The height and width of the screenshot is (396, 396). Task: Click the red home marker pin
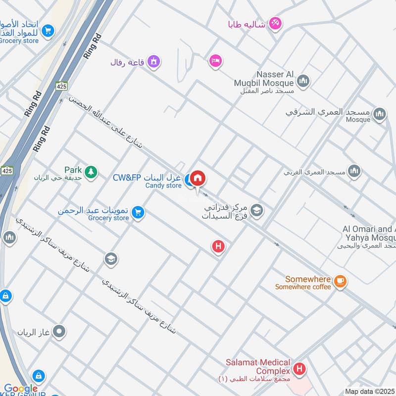tap(198, 179)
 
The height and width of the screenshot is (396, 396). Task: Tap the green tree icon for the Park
tap(91, 172)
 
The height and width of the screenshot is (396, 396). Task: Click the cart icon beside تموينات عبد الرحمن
tap(139, 212)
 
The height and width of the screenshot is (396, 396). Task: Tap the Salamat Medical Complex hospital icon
tap(299, 369)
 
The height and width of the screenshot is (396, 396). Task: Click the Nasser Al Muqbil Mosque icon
tap(303, 80)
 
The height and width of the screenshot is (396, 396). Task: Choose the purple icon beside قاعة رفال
tap(154, 62)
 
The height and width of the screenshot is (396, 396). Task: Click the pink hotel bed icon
tap(215, 61)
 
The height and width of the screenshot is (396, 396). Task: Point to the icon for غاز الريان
tap(59, 331)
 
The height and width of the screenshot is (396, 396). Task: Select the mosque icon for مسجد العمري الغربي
tap(354, 172)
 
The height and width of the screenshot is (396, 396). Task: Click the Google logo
tap(21, 389)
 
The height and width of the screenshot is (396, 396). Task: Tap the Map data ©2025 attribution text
tap(369, 391)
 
